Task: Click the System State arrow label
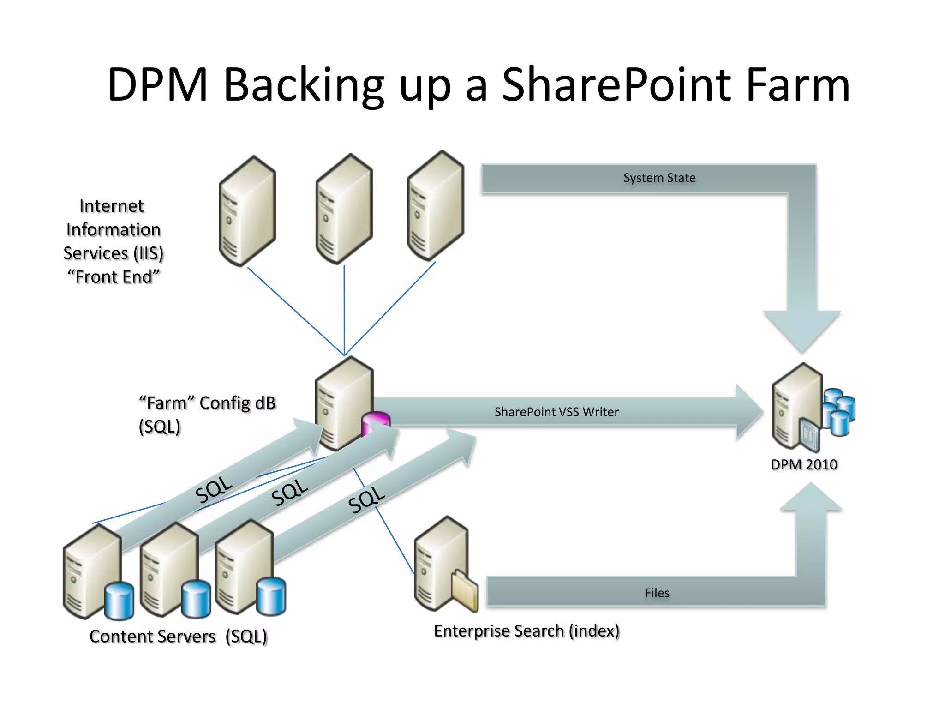click(659, 178)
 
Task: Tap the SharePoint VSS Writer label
click(556, 412)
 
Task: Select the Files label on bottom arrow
click(657, 593)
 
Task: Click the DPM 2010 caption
click(804, 464)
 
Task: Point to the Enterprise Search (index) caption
click(526, 631)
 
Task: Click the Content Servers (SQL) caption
click(178, 637)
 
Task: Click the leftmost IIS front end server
click(247, 211)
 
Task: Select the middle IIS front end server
click(344, 209)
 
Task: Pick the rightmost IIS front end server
click(436, 206)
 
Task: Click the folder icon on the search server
click(465, 590)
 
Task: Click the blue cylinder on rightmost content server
click(271, 596)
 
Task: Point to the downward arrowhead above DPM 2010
click(802, 330)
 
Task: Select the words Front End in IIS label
click(114, 277)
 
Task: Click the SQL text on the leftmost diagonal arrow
click(213, 489)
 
